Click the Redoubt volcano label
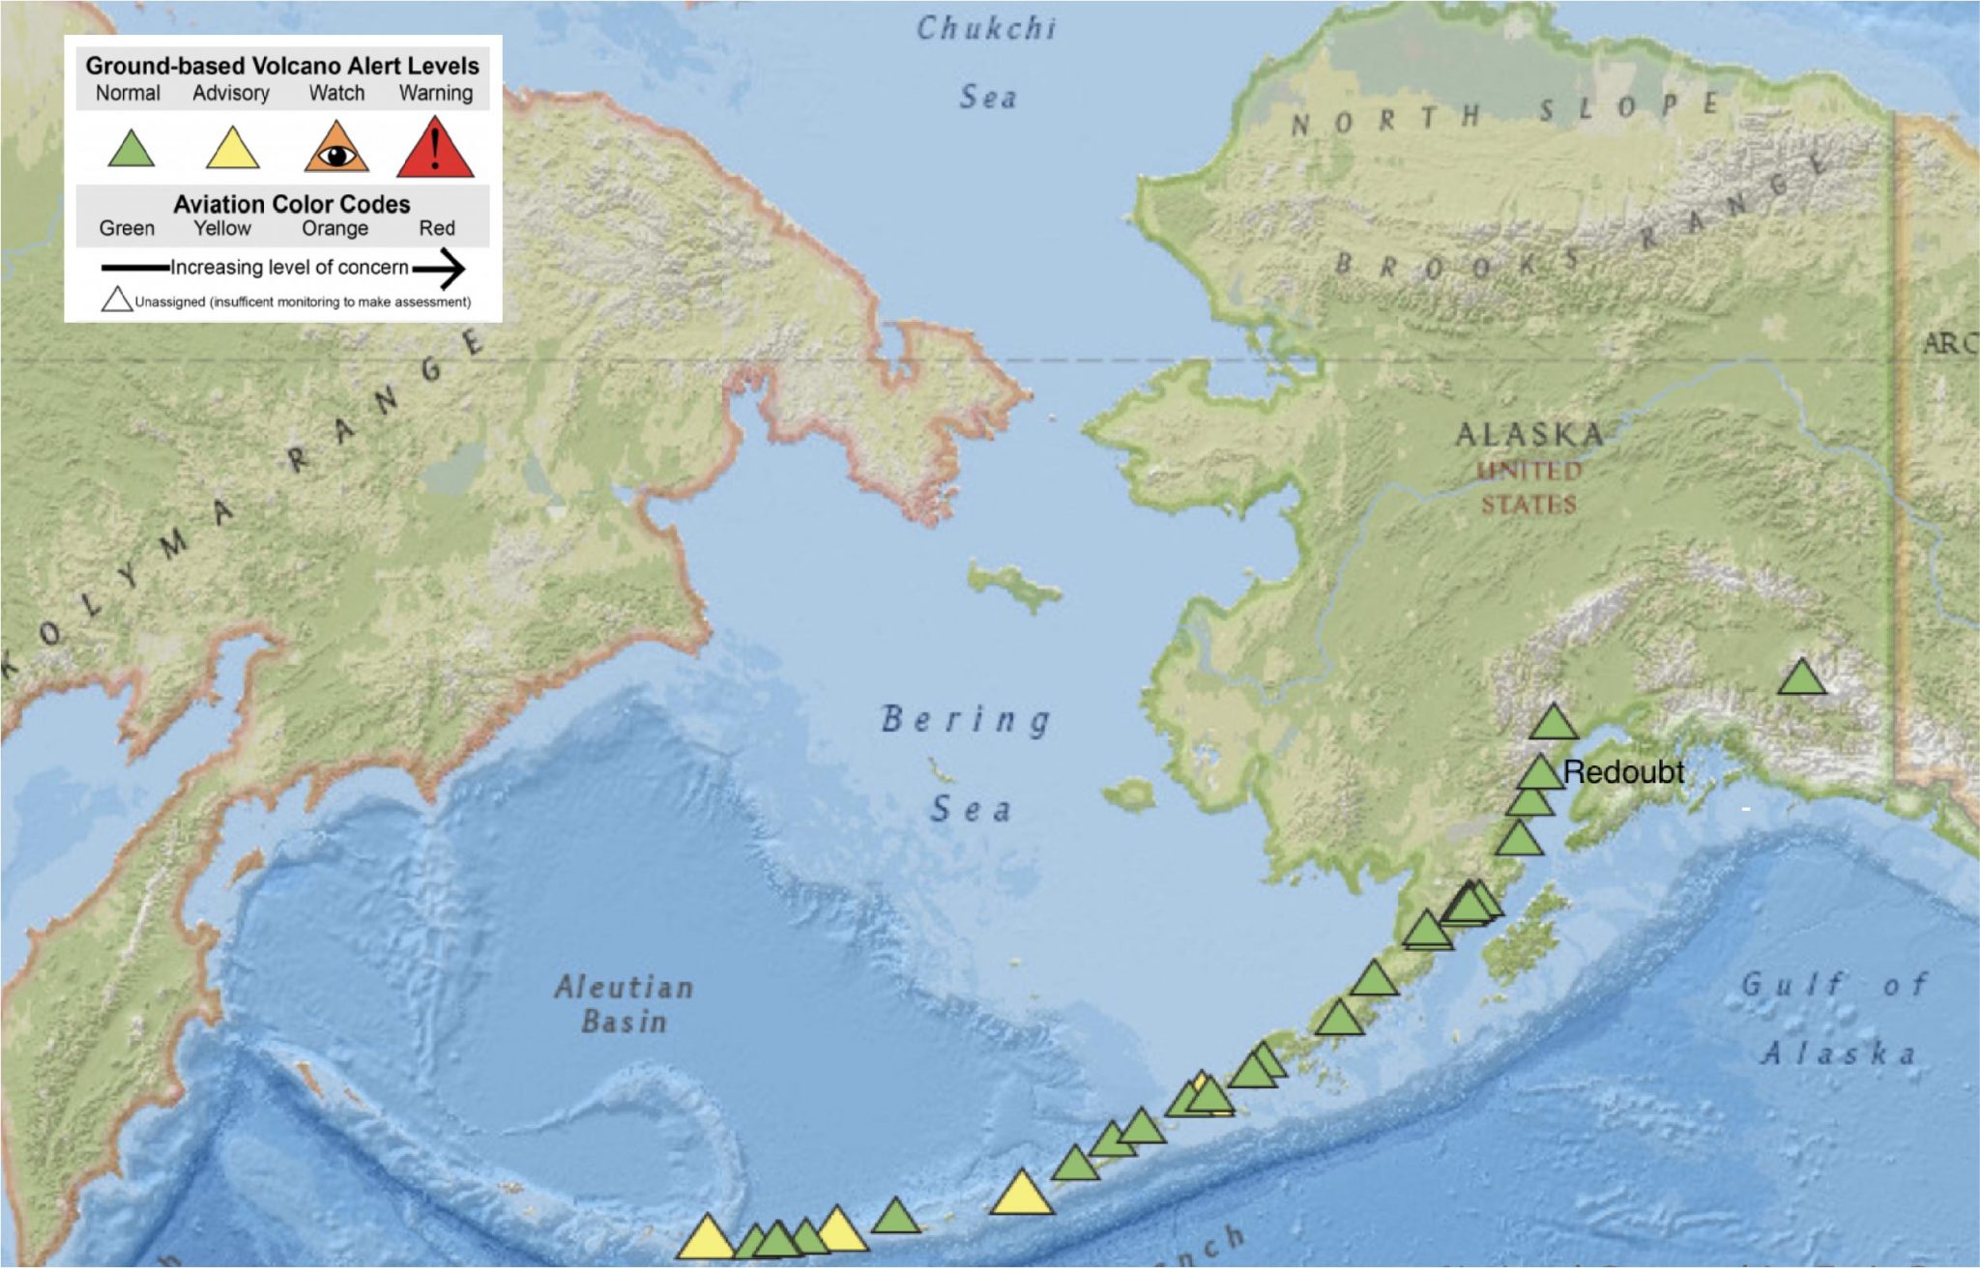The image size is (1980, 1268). tap(1623, 772)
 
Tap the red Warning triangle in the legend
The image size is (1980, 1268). tap(435, 150)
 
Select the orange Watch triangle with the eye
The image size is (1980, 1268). tap(336, 151)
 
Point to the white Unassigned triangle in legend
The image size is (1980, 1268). tap(117, 301)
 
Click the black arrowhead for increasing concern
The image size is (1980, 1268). tap(447, 268)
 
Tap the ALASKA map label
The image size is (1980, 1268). tap(1529, 434)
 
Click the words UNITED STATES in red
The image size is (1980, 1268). tap(1529, 487)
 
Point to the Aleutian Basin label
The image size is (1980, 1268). tap(625, 1003)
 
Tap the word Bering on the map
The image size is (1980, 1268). tap(966, 720)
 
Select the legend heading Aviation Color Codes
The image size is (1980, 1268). tap(291, 204)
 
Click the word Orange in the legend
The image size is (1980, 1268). tap(335, 228)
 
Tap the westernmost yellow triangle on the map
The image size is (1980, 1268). tap(707, 1240)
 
